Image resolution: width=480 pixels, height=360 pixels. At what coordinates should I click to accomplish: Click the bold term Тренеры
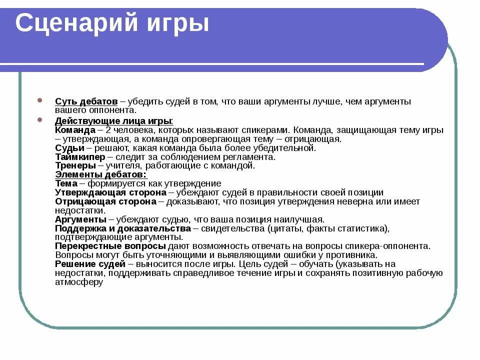pyautogui.click(x=75, y=165)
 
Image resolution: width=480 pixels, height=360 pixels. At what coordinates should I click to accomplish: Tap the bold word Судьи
pyautogui.click(x=70, y=148)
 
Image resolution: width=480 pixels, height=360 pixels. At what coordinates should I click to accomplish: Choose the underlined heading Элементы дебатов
pyautogui.click(x=100, y=174)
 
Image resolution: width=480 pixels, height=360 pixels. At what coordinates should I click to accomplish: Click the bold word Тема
pyautogui.click(x=66, y=183)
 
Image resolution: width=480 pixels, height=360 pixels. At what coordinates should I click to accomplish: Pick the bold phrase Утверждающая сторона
pyautogui.click(x=110, y=192)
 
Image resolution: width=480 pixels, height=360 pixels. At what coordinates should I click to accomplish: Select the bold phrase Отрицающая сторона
pyautogui.click(x=105, y=201)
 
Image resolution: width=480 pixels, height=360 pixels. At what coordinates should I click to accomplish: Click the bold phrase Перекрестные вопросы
pyautogui.click(x=110, y=246)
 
